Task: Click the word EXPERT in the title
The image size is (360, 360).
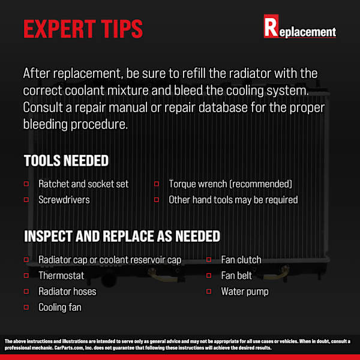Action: click(x=59, y=29)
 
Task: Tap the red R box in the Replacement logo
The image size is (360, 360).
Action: click(x=271, y=26)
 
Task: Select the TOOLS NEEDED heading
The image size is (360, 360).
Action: click(x=66, y=160)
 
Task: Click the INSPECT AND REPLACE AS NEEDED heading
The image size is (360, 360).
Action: click(x=122, y=236)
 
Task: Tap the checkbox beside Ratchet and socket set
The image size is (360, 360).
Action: click(x=26, y=184)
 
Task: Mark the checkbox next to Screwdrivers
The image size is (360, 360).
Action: click(x=26, y=200)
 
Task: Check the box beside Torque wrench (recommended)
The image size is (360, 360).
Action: click(x=157, y=184)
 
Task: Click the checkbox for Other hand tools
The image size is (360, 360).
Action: click(x=157, y=200)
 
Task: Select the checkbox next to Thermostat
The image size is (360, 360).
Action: click(x=26, y=275)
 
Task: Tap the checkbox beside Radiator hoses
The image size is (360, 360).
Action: click(x=26, y=292)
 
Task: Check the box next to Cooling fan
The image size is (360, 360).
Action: click(x=26, y=307)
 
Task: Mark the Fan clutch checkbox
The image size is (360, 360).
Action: click(x=209, y=260)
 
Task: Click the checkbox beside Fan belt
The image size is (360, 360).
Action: click(x=209, y=275)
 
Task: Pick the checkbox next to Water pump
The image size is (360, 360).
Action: click(x=209, y=292)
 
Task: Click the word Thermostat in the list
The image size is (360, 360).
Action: click(x=61, y=275)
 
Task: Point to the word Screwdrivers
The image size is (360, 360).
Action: click(x=64, y=200)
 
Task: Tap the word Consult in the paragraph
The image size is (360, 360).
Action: click(x=43, y=107)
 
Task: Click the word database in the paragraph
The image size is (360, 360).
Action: click(x=223, y=107)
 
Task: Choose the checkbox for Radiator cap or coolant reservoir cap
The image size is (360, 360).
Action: click(x=26, y=260)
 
